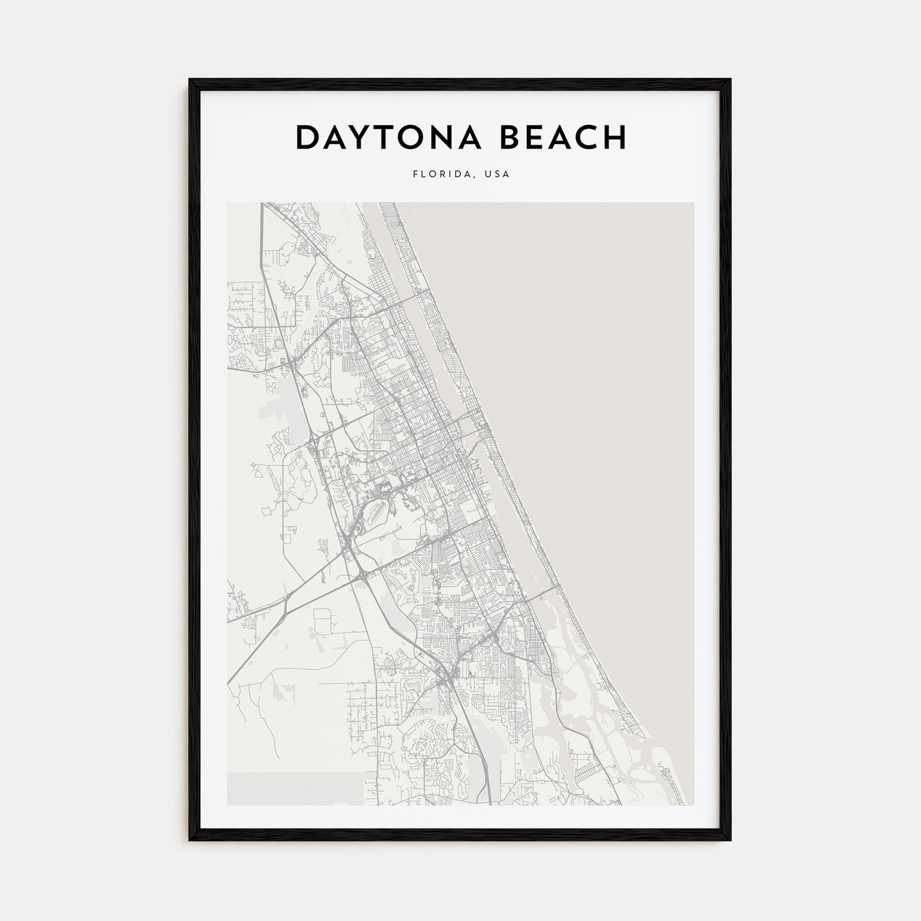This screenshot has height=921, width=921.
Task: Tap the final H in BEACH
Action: click(x=614, y=137)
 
